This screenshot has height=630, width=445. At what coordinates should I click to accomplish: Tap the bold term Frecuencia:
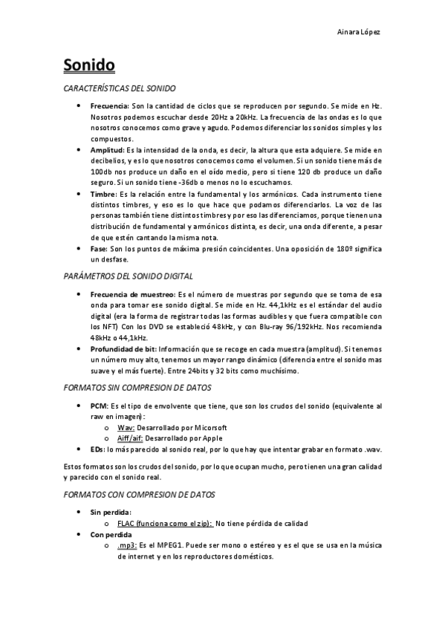pyautogui.click(x=110, y=106)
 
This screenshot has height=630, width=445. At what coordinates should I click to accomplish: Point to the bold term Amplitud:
pyautogui.click(x=107, y=149)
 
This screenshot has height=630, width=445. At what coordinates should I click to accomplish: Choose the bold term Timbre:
pyautogui.click(x=103, y=193)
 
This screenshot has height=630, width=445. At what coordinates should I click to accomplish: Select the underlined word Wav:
pyautogui.click(x=126, y=428)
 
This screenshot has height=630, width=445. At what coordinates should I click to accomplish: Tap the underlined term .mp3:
pyautogui.click(x=127, y=545)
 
